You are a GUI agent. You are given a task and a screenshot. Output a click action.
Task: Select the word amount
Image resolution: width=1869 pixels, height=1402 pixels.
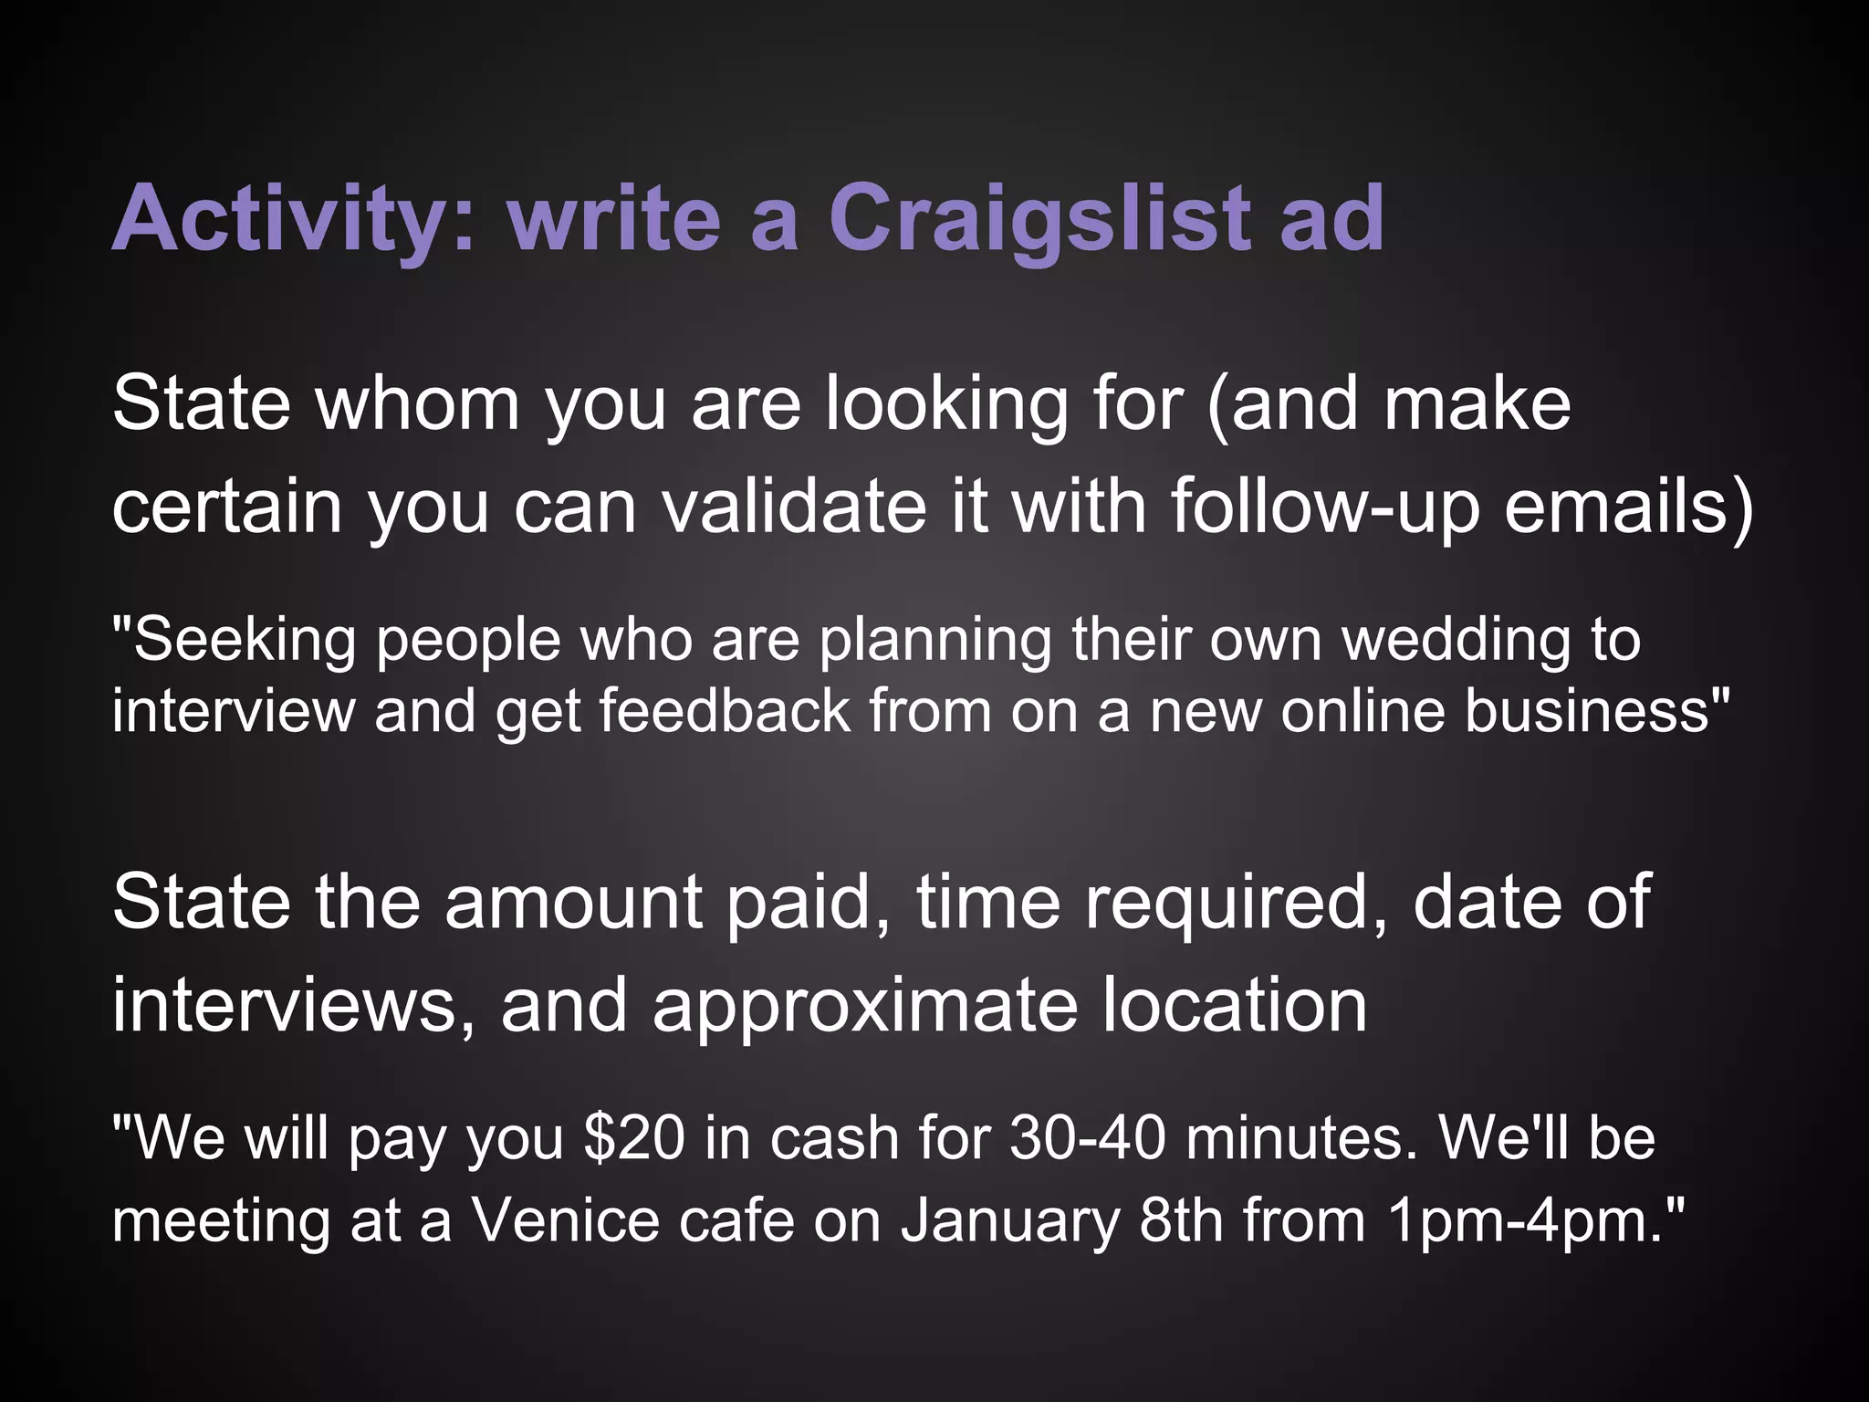tap(573, 902)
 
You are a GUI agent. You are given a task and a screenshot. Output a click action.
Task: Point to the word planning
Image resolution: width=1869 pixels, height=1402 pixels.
tap(934, 639)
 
